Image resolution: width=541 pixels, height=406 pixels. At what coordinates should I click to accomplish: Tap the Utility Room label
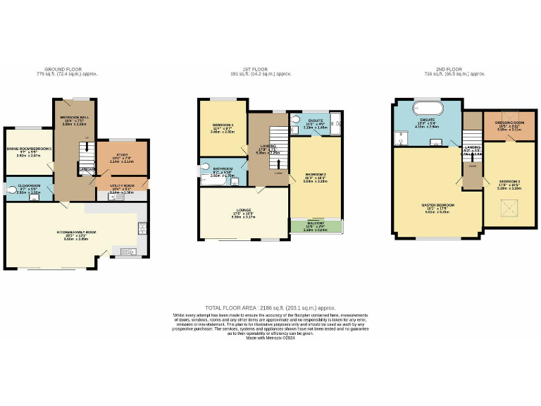(121, 187)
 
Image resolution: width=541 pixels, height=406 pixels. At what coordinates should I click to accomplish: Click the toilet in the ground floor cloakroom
(12, 188)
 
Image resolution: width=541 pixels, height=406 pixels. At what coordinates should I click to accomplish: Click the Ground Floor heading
(67, 69)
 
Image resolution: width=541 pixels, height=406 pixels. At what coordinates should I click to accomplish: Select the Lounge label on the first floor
(242, 214)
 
